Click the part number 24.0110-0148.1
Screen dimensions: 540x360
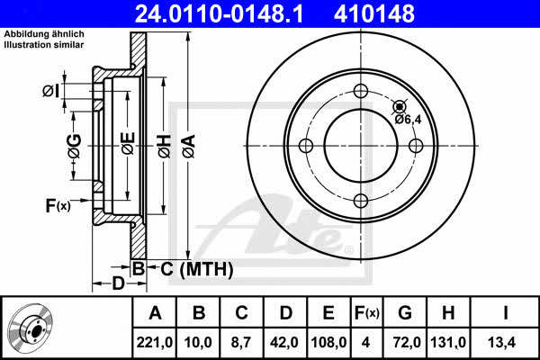(x=219, y=13)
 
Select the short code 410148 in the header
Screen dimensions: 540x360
(x=374, y=13)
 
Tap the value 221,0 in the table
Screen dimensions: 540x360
(x=154, y=342)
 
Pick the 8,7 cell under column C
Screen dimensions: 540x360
(x=241, y=342)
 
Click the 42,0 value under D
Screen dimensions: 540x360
(x=284, y=342)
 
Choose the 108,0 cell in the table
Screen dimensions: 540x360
(x=328, y=342)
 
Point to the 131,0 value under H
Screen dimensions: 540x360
(x=448, y=342)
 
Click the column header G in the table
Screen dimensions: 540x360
(x=405, y=313)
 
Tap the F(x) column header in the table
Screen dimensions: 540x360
(x=367, y=313)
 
